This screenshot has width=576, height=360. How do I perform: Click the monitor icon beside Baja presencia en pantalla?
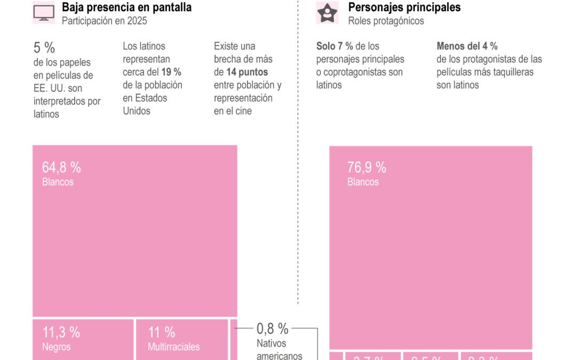click(x=44, y=13)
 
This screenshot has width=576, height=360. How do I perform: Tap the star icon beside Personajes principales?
click(x=327, y=13)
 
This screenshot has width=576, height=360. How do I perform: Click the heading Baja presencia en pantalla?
click(x=126, y=7)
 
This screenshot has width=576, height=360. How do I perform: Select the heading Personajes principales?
click(x=404, y=7)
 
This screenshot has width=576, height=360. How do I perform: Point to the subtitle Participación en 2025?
click(x=104, y=21)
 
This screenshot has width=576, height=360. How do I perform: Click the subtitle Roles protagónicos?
click(x=386, y=21)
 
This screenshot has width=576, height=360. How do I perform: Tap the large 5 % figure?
click(x=44, y=47)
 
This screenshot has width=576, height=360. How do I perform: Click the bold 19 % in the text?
click(x=171, y=72)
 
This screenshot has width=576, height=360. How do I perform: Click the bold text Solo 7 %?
click(x=334, y=46)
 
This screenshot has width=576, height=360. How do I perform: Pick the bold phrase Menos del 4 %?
click(x=467, y=46)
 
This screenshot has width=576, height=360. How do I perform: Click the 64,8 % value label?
click(x=61, y=167)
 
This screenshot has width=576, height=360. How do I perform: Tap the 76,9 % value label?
click(x=366, y=167)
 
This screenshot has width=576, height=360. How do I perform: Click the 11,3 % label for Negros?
click(x=61, y=332)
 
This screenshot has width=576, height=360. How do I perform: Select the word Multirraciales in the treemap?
click(x=173, y=347)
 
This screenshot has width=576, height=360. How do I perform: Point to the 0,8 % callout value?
click(x=272, y=329)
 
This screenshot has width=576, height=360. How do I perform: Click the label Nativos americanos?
click(x=279, y=349)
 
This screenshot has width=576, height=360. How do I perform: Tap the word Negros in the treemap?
click(x=56, y=347)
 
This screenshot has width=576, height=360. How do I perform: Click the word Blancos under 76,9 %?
click(x=363, y=182)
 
